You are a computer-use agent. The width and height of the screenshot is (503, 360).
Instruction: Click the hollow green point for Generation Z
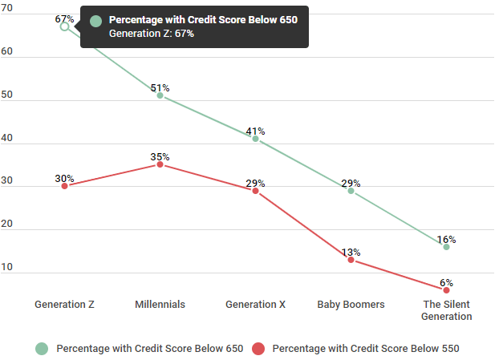click(x=65, y=26)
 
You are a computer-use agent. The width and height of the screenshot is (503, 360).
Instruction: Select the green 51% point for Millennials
click(x=160, y=95)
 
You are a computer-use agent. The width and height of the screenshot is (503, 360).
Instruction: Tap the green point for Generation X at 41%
click(x=256, y=139)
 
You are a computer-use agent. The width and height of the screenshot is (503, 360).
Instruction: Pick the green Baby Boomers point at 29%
click(x=351, y=191)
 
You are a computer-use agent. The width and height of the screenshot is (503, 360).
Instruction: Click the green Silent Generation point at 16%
click(x=446, y=247)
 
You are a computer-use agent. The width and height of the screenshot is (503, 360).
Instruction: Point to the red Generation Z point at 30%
click(x=65, y=186)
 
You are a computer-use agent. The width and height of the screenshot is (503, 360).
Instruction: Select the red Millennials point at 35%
click(x=160, y=164)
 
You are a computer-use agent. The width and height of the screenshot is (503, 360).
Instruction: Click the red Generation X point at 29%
click(x=256, y=191)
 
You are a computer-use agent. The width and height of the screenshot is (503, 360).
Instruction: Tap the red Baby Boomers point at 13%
click(x=351, y=260)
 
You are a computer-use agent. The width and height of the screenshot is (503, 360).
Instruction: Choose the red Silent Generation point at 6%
click(x=446, y=289)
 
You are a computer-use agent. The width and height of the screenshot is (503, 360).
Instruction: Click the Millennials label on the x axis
click(x=160, y=305)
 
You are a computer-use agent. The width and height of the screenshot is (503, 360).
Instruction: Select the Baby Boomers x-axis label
click(x=351, y=305)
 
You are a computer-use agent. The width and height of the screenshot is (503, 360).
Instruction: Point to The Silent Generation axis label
click(x=446, y=310)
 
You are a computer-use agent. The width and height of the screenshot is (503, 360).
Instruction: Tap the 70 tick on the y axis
click(x=6, y=8)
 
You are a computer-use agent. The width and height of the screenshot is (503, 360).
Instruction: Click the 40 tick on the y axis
click(x=6, y=138)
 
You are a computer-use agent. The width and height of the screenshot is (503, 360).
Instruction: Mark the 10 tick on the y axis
click(x=6, y=267)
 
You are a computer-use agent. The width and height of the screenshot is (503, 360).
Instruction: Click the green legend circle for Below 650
click(x=41, y=349)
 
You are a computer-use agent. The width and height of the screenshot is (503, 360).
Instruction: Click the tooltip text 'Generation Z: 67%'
click(x=151, y=34)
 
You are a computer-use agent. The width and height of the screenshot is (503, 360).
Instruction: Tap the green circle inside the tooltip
click(x=96, y=20)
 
